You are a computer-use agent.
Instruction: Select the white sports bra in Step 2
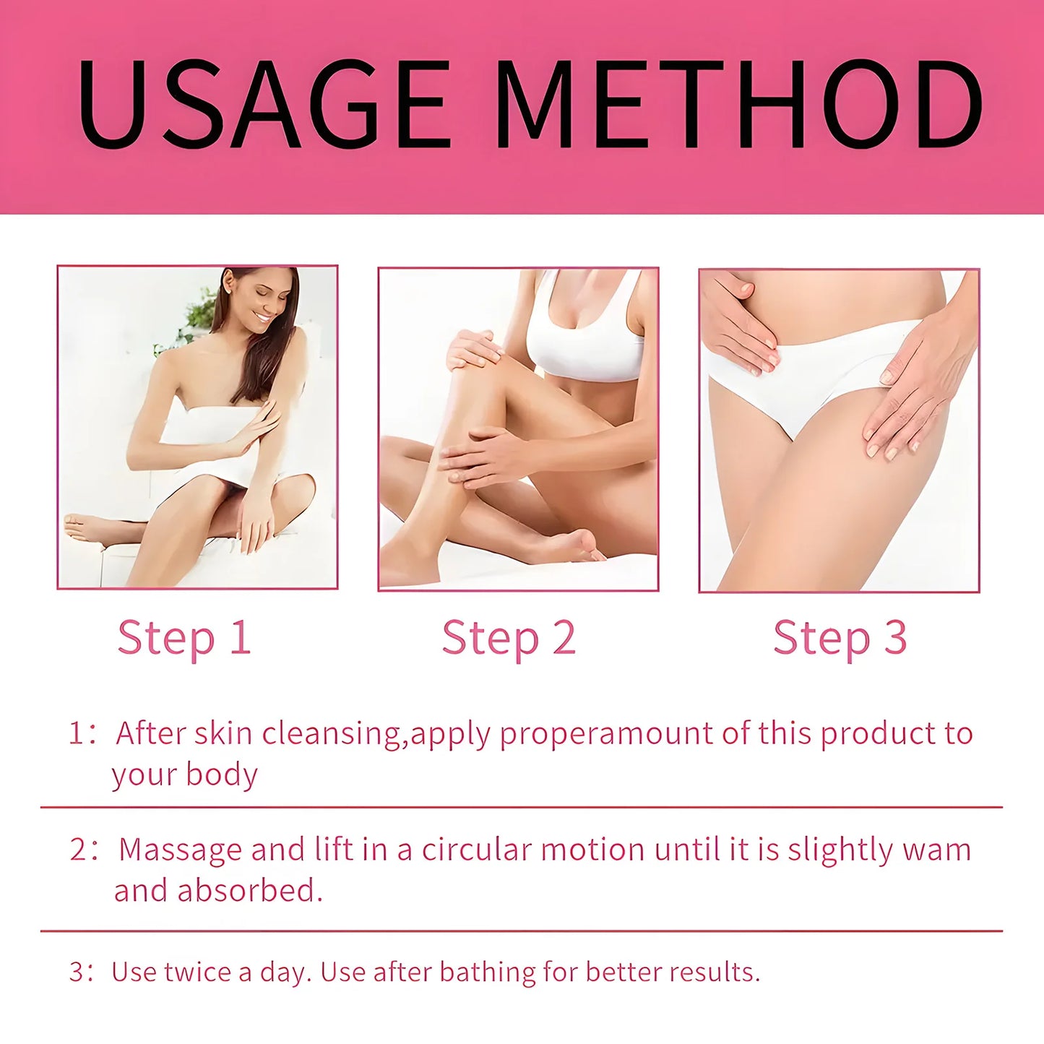coord(585,331)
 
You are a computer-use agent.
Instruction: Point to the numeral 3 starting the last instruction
coord(77,972)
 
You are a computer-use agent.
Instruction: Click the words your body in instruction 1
coord(185,776)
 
